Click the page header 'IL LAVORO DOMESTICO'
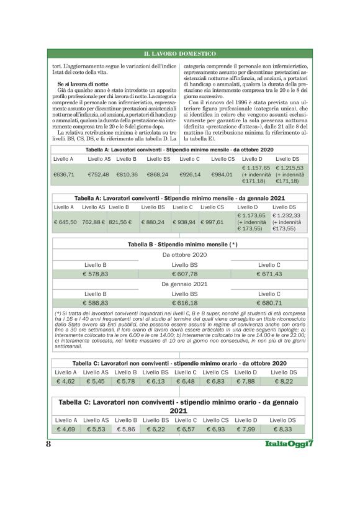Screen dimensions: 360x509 pyautogui.click(x=179, y=55)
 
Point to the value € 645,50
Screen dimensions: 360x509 pyautogui.click(x=65, y=222)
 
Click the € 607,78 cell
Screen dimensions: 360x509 pyautogui.click(x=184, y=274)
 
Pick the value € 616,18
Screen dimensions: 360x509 pyautogui.click(x=184, y=303)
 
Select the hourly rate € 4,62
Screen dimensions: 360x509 pyautogui.click(x=66, y=381)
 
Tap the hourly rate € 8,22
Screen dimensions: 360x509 pyautogui.click(x=283, y=381)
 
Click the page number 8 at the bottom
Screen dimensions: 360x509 pyautogui.click(x=48, y=445)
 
